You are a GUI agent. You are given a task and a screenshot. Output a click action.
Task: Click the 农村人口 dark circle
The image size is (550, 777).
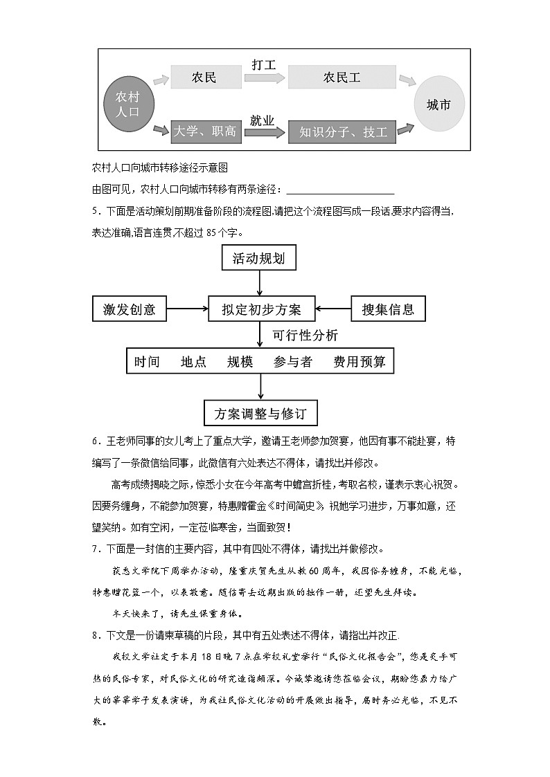tap(127, 104)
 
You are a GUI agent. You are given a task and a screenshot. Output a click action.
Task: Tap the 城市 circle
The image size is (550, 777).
tap(438, 105)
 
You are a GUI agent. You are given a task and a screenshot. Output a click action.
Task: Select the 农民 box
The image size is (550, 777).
tap(204, 77)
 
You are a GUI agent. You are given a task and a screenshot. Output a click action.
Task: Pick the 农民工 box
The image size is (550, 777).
tap(341, 77)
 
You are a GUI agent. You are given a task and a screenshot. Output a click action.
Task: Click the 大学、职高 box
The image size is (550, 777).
tap(204, 131)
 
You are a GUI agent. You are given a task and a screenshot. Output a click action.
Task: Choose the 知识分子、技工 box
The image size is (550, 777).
tap(343, 132)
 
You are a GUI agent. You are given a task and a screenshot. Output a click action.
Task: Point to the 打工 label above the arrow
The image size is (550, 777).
tap(264, 65)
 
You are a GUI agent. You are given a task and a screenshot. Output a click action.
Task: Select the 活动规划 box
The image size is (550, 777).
tap(258, 259)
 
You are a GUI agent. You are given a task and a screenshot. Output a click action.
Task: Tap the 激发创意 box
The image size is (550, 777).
tap(130, 309)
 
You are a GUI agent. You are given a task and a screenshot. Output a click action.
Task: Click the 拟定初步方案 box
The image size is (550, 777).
tap(261, 309)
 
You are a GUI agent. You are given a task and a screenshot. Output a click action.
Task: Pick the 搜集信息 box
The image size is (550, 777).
tap(388, 309)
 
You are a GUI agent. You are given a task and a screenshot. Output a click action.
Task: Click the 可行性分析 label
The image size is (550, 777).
tap(305, 336)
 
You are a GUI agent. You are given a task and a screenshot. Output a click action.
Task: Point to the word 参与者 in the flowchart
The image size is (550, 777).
tap(292, 362)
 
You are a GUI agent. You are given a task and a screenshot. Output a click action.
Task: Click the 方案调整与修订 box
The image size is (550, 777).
tap(260, 414)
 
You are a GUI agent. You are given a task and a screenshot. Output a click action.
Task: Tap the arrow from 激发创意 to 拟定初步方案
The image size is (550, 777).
tap(187, 309)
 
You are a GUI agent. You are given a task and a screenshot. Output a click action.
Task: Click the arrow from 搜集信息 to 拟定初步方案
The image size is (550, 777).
tap(333, 309)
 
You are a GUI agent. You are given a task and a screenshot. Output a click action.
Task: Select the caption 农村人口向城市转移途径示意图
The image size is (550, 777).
tap(160, 167)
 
